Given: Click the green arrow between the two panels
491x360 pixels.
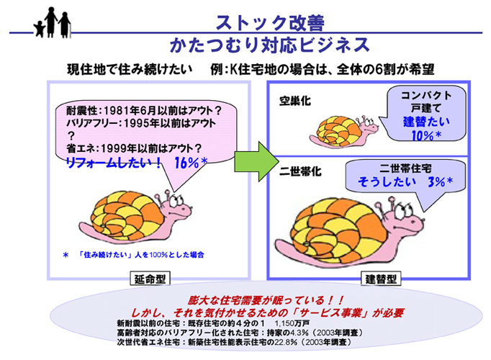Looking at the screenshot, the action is pos(256,161).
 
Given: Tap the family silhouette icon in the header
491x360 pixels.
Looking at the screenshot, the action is pos(53,22).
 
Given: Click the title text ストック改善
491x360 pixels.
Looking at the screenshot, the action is pos(270,23).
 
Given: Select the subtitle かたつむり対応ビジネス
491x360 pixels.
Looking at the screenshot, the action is pos(270,45).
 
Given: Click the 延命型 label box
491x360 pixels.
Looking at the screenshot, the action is pos(150,279).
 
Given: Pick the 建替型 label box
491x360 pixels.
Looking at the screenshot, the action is pos(381,279).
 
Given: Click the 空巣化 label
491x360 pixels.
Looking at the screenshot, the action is pos(295,101).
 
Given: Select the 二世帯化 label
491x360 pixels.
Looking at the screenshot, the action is pos(300,171).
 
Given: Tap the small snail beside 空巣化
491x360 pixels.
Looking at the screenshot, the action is pos(344,131).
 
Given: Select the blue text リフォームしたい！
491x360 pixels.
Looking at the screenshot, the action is pos(114,163).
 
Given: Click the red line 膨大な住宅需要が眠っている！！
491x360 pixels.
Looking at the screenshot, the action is pos(266,300).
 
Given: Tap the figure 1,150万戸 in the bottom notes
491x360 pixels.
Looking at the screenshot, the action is pos(292,323).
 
